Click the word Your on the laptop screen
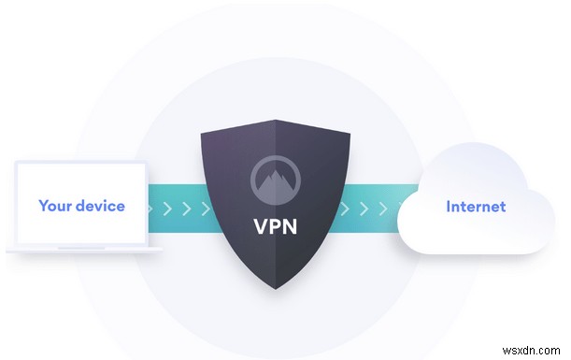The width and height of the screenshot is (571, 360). (55, 205)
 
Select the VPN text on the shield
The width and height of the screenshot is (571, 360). (277, 225)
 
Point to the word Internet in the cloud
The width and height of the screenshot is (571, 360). (476, 206)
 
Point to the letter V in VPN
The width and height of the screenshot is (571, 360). (261, 225)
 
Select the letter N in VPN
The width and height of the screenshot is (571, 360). (293, 225)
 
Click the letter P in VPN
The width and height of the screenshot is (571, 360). (277, 225)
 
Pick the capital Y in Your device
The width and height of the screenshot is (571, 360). (42, 205)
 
